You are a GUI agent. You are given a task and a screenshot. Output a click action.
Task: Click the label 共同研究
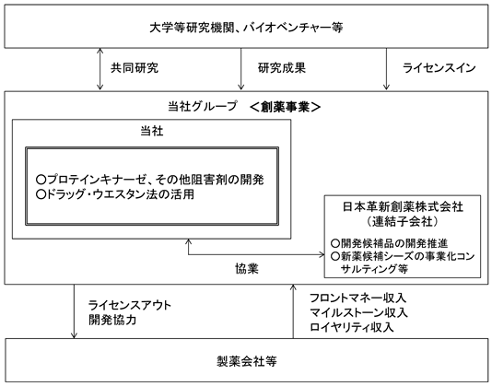click(135, 68)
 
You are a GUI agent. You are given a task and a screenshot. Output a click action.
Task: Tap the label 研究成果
click(281, 68)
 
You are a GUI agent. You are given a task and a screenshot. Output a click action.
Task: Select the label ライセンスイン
click(439, 68)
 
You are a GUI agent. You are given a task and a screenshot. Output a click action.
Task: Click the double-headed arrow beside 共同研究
click(100, 69)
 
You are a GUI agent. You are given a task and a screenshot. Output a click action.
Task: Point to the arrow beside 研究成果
click(241, 69)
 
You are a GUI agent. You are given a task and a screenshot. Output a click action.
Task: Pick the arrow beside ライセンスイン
click(386, 69)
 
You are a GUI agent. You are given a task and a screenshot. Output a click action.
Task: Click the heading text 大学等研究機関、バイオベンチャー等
click(246, 28)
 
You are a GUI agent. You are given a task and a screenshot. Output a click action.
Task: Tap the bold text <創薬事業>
click(286, 107)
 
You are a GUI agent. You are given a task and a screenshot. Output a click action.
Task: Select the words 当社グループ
click(203, 106)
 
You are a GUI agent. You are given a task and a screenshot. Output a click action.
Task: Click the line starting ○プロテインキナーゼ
click(150, 180)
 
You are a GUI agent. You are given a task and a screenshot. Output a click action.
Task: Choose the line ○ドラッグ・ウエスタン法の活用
click(115, 194)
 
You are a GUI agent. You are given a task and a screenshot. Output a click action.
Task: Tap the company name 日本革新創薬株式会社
click(403, 206)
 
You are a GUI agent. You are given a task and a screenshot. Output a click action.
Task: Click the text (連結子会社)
click(403, 221)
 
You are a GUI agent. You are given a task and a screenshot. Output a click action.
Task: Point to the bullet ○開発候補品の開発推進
click(389, 243)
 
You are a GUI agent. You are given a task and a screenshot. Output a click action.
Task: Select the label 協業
click(247, 269)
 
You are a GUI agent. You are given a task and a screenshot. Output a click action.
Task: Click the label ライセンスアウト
click(130, 305)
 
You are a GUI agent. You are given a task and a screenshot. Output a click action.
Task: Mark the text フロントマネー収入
click(358, 298)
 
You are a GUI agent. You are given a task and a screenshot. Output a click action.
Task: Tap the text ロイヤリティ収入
click(352, 327)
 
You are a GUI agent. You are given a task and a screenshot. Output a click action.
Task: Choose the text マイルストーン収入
click(358, 312)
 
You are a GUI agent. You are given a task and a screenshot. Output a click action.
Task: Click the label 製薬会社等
click(247, 361)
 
